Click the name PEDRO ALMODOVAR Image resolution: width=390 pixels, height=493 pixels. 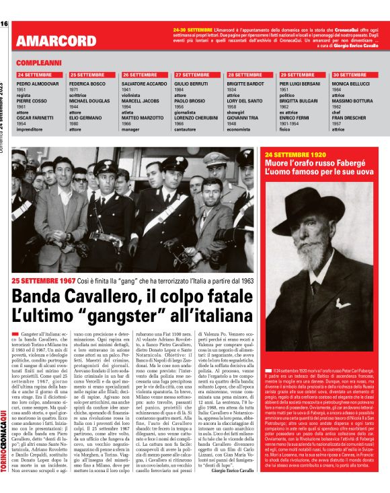(x=38, y=83)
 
